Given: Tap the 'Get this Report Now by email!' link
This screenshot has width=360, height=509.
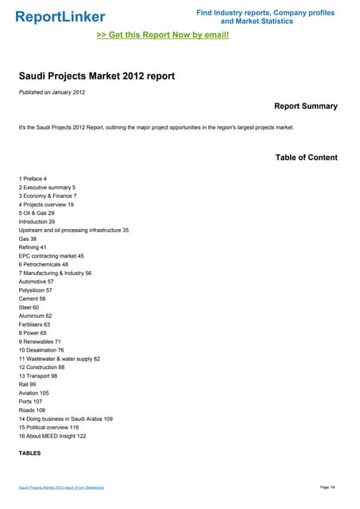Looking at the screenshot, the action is [162, 35].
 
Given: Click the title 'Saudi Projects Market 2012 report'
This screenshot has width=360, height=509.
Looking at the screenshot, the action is [96, 77].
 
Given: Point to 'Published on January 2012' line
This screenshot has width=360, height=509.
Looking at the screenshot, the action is [52, 93].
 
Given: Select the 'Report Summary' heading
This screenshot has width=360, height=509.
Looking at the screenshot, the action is [305, 106].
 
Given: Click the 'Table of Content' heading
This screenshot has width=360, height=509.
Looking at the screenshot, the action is [306, 157].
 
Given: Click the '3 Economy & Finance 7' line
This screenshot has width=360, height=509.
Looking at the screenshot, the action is [48, 196].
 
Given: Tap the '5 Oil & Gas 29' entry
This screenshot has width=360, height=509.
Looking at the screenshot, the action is [37, 213].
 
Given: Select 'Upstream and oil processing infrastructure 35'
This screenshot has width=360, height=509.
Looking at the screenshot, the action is [73, 230].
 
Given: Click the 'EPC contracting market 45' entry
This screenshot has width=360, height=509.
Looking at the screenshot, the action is [51, 256].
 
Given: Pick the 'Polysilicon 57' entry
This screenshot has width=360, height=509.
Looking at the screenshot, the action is [36, 290].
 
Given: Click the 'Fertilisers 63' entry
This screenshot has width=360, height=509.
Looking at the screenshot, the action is [34, 324].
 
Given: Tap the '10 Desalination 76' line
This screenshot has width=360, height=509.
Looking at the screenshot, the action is [41, 350].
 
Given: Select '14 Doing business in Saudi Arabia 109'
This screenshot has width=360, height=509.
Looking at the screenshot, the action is [66, 418].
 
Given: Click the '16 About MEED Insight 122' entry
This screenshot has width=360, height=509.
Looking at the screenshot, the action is [52, 436].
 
